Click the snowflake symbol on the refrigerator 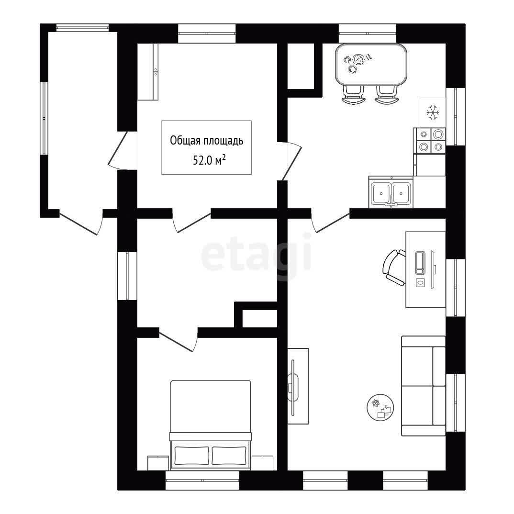[x=433, y=112]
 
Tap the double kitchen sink [x=391, y=192]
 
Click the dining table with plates [x=371, y=65]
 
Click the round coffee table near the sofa [x=380, y=407]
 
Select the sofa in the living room [x=424, y=386]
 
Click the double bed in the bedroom [x=211, y=423]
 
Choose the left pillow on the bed [x=192, y=455]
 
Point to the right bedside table [x=263, y=463]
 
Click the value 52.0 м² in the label [x=209, y=161]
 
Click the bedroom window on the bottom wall [x=202, y=480]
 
